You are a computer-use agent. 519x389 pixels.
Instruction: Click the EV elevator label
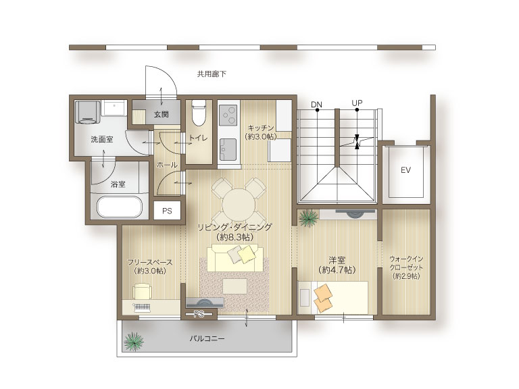(405, 170)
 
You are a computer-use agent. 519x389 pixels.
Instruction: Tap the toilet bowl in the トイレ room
(199, 113)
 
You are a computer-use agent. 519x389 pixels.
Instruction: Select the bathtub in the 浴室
(120, 207)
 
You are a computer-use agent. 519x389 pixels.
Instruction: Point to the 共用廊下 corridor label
(212, 74)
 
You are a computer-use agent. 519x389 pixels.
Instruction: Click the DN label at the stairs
(316, 105)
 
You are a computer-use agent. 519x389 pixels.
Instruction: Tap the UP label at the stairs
(357, 103)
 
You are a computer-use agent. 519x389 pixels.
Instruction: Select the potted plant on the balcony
(133, 341)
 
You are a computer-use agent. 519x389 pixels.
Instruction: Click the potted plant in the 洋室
(308, 217)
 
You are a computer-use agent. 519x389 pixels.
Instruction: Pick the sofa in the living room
(235, 258)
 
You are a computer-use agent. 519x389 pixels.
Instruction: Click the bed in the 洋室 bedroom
(332, 298)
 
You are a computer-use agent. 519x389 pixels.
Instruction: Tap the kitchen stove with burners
(228, 115)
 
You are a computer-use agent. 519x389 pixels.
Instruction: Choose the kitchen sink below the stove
(228, 149)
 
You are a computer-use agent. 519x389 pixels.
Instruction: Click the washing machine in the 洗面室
(87, 112)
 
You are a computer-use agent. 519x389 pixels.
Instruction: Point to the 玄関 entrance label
(162, 114)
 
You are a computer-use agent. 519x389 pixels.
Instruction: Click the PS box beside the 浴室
(167, 211)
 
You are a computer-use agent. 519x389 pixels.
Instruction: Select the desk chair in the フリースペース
(143, 292)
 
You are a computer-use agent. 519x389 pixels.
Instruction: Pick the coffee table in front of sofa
(235, 286)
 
